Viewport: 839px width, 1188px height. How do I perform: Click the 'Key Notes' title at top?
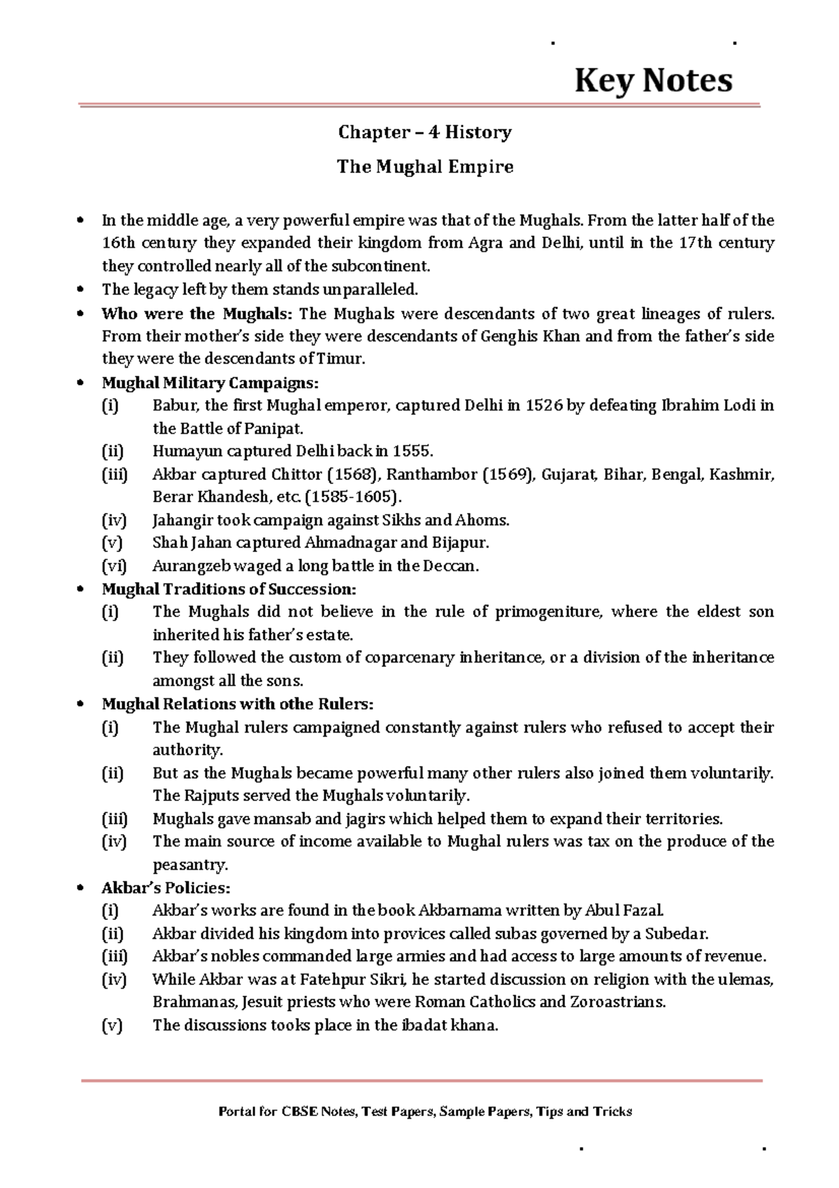pyautogui.click(x=653, y=80)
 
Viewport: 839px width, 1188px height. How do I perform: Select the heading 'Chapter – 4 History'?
pyautogui.click(x=425, y=132)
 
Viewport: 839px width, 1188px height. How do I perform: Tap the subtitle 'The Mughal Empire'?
pyautogui.click(x=425, y=167)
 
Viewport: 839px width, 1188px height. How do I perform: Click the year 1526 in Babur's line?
pyautogui.click(x=544, y=406)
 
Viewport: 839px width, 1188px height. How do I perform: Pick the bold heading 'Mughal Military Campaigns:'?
pyautogui.click(x=210, y=383)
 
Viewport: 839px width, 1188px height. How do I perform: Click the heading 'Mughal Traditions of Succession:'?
pyautogui.click(x=229, y=589)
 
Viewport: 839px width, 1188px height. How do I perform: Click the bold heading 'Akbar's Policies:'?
pyautogui.click(x=166, y=888)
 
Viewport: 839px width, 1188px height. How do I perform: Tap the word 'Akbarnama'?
pyautogui.click(x=459, y=911)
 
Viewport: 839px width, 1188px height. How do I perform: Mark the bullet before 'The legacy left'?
pyautogui.click(x=81, y=290)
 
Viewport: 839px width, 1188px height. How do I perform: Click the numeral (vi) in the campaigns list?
pyautogui.click(x=114, y=566)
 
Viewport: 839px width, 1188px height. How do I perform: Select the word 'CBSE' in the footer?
pyautogui.click(x=299, y=1112)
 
